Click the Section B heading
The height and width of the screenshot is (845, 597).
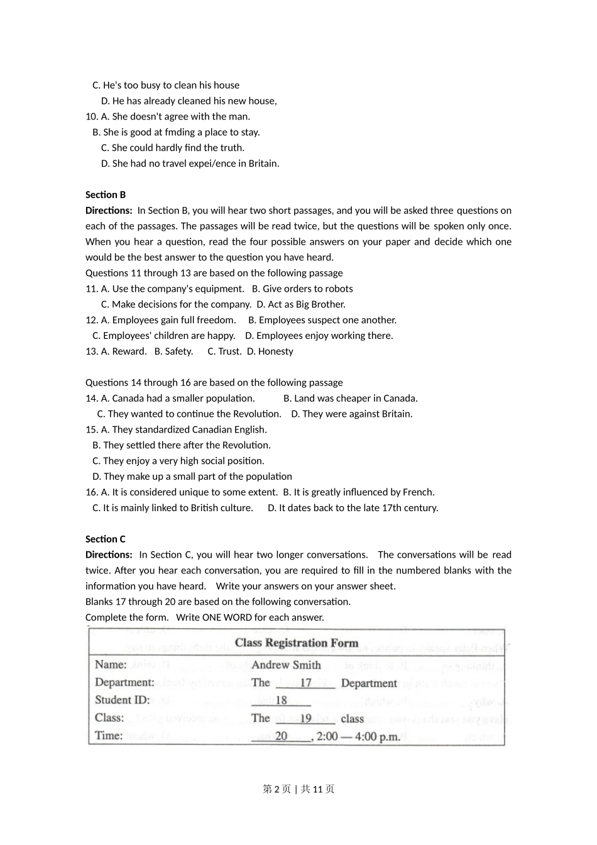pos(106,195)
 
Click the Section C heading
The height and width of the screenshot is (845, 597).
pos(106,539)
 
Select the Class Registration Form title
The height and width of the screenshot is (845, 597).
pos(297,643)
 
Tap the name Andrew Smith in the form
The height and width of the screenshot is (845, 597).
pos(286,665)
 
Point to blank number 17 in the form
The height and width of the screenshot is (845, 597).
pos(305,683)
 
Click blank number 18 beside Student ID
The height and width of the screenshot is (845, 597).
pos(282,700)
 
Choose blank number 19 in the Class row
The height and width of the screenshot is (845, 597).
pos(305,718)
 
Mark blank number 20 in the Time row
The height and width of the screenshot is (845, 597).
pos(282,736)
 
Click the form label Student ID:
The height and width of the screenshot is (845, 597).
pos(123,700)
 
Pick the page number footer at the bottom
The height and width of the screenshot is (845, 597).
pos(298,789)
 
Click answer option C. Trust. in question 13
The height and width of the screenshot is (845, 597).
pos(224,351)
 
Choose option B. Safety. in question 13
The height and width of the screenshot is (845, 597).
pos(173,351)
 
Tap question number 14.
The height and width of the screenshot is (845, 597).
pos(92,399)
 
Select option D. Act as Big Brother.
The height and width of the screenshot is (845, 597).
pos(301,304)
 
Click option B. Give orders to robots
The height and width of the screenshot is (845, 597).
pos(302,289)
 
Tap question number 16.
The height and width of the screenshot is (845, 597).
pos(92,492)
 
